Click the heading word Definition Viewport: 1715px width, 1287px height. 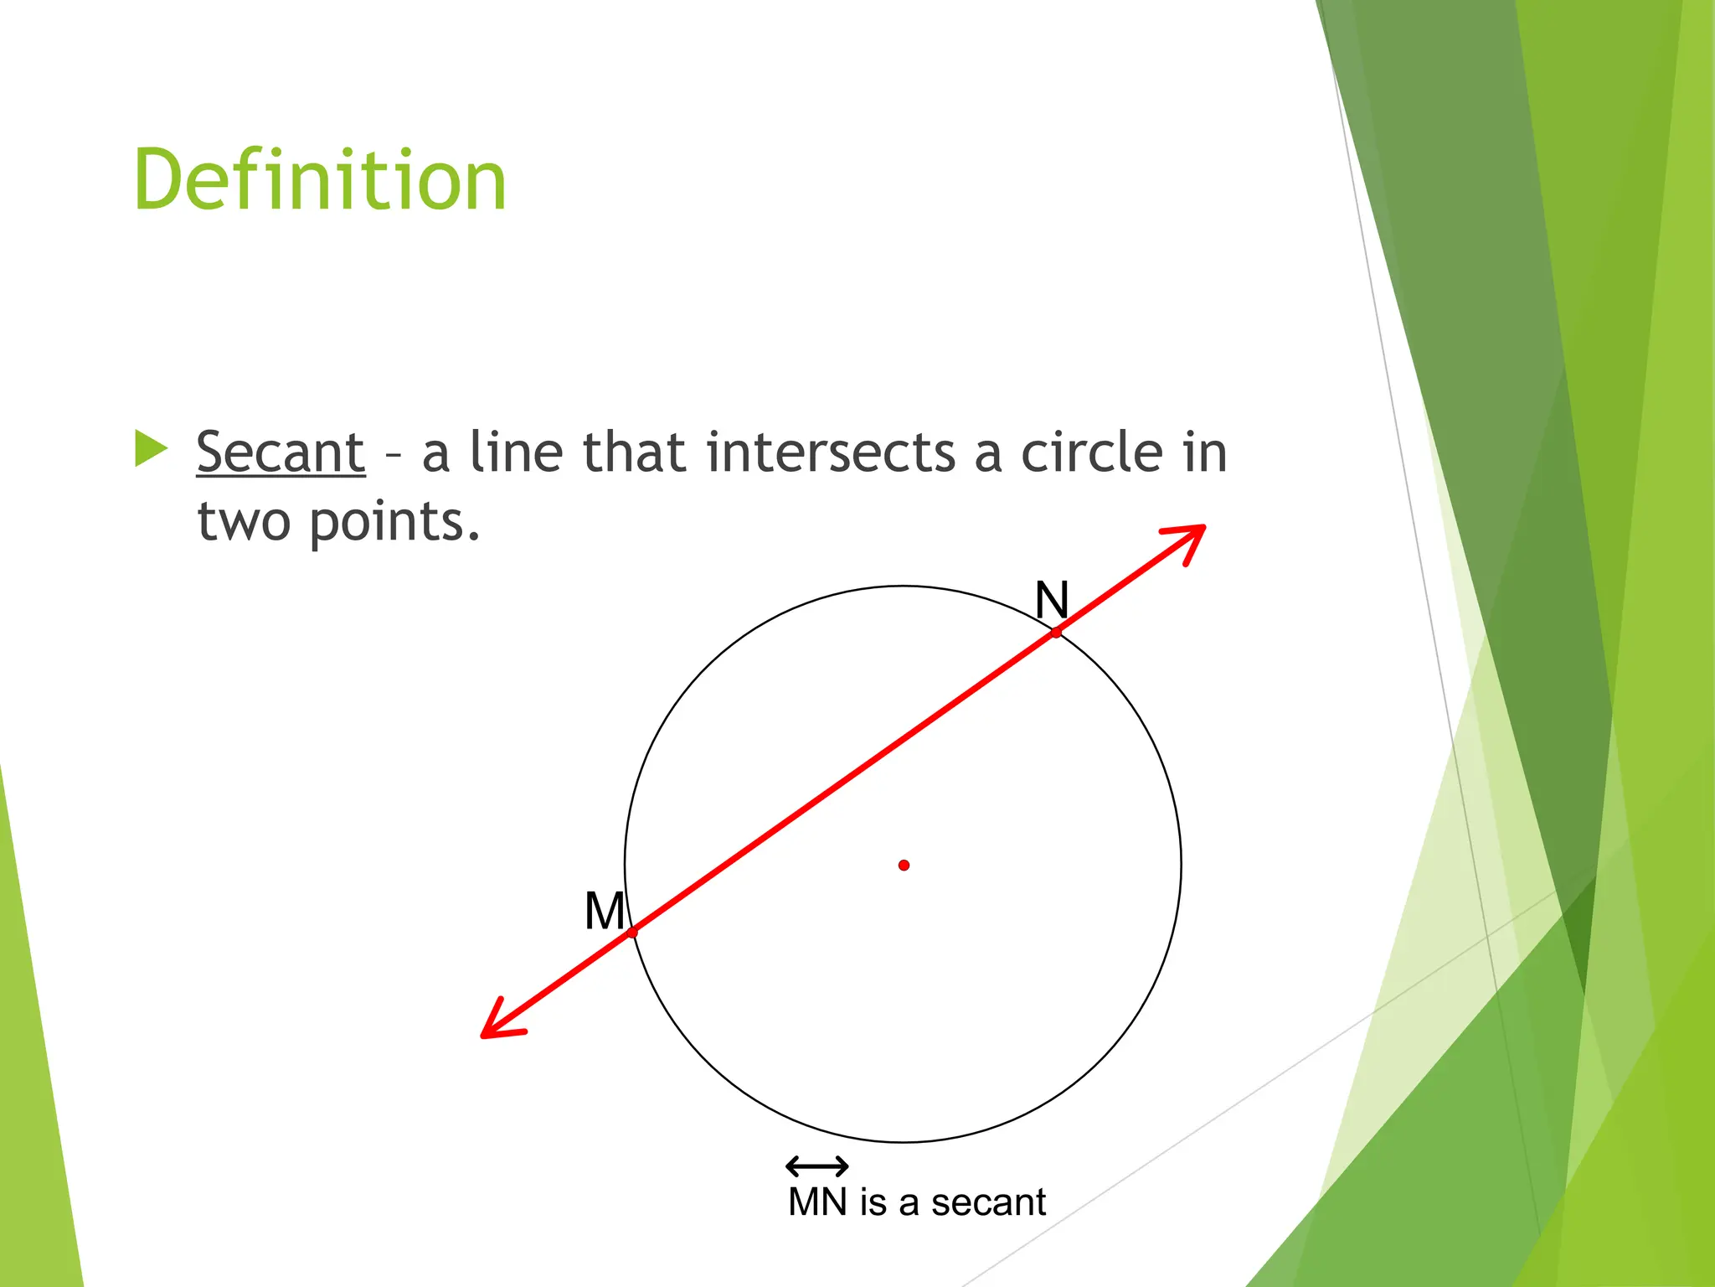tap(320, 179)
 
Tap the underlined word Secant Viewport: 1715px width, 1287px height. tap(281, 452)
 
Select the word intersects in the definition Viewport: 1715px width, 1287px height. tap(831, 452)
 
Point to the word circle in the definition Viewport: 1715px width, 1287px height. tap(1093, 452)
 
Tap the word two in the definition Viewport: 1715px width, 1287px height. tap(244, 522)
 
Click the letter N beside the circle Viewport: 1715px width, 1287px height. tap(1052, 600)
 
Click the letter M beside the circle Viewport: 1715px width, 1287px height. tap(605, 911)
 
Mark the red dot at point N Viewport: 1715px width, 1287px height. tap(1057, 633)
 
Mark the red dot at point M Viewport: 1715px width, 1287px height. tap(632, 933)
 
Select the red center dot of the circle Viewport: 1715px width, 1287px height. tap(904, 865)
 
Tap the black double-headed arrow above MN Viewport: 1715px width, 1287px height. tap(817, 1166)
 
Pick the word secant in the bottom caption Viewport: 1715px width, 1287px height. tap(988, 1202)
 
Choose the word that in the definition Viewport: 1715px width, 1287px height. tap(634, 452)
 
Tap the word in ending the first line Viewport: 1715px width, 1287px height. tap(1204, 452)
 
